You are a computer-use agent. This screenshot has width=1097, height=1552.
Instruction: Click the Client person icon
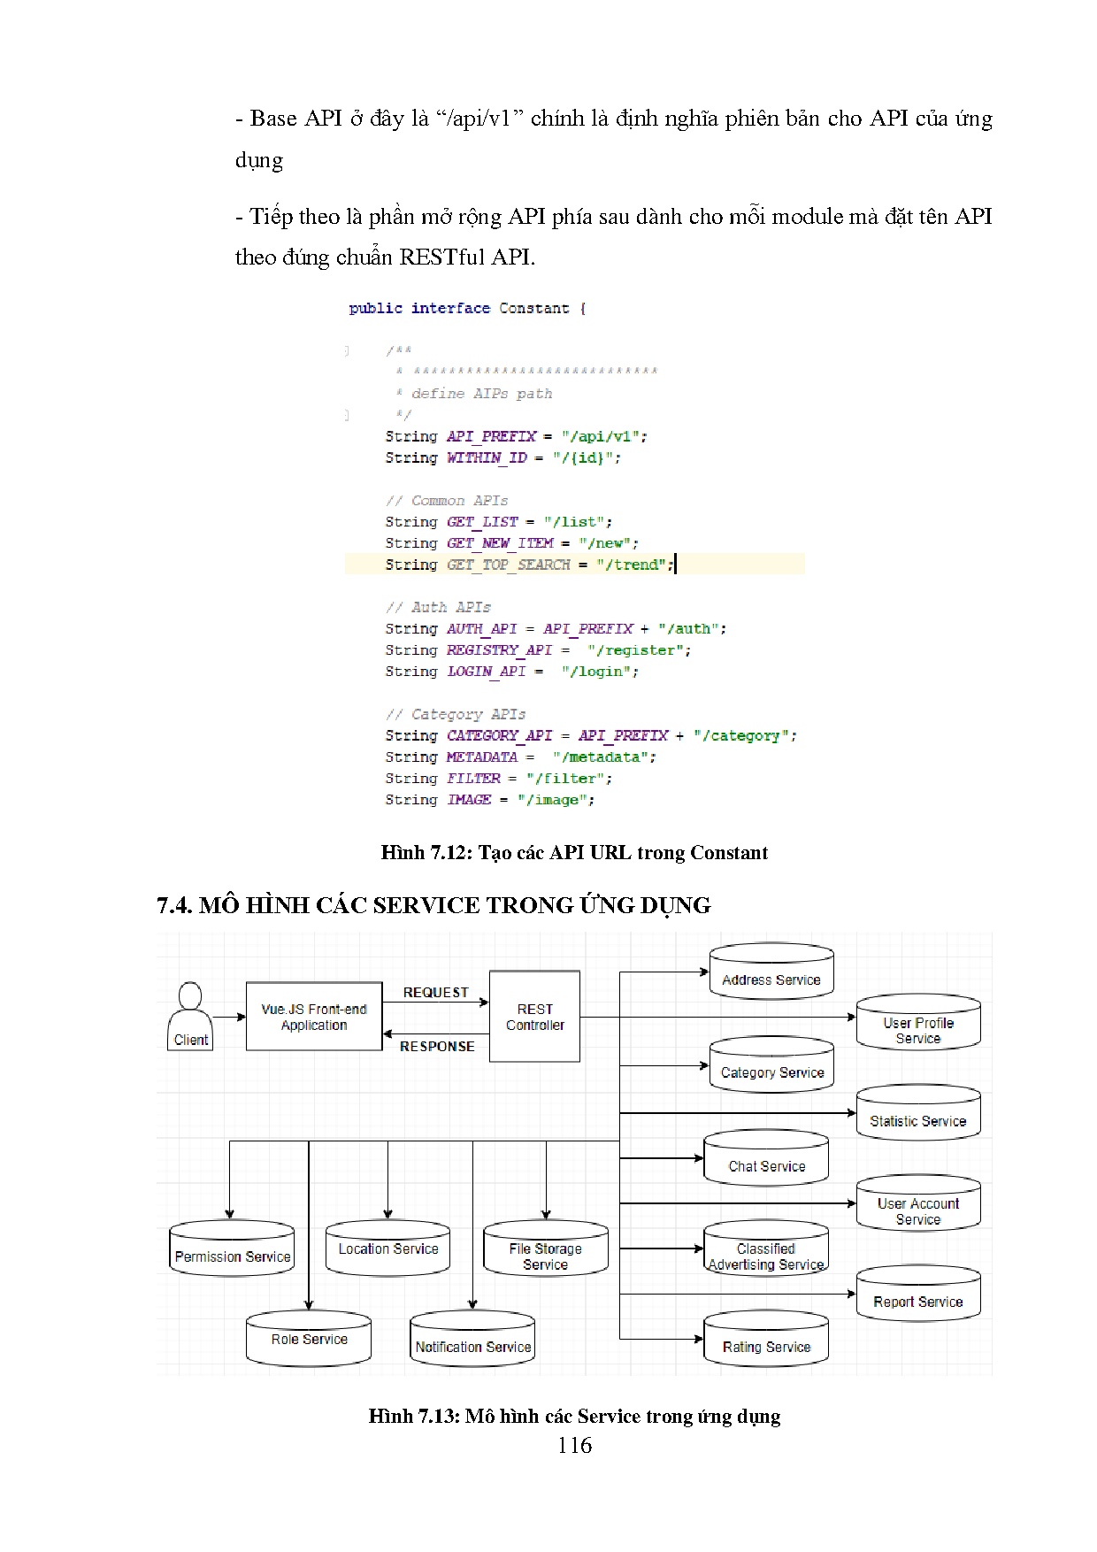point(190,1016)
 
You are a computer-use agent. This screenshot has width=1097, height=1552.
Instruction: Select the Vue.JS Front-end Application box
point(314,1017)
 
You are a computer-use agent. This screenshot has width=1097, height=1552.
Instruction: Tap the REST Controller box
point(534,1017)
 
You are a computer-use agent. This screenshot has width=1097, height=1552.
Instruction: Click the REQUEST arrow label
point(435,993)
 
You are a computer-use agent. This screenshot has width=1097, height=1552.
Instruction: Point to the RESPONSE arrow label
point(437,1046)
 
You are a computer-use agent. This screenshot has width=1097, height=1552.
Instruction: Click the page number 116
point(574,1446)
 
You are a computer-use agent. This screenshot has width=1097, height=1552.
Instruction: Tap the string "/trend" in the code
point(631,565)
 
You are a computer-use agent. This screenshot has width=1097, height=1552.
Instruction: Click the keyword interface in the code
point(450,308)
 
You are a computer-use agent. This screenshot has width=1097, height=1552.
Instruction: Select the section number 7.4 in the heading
point(174,905)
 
